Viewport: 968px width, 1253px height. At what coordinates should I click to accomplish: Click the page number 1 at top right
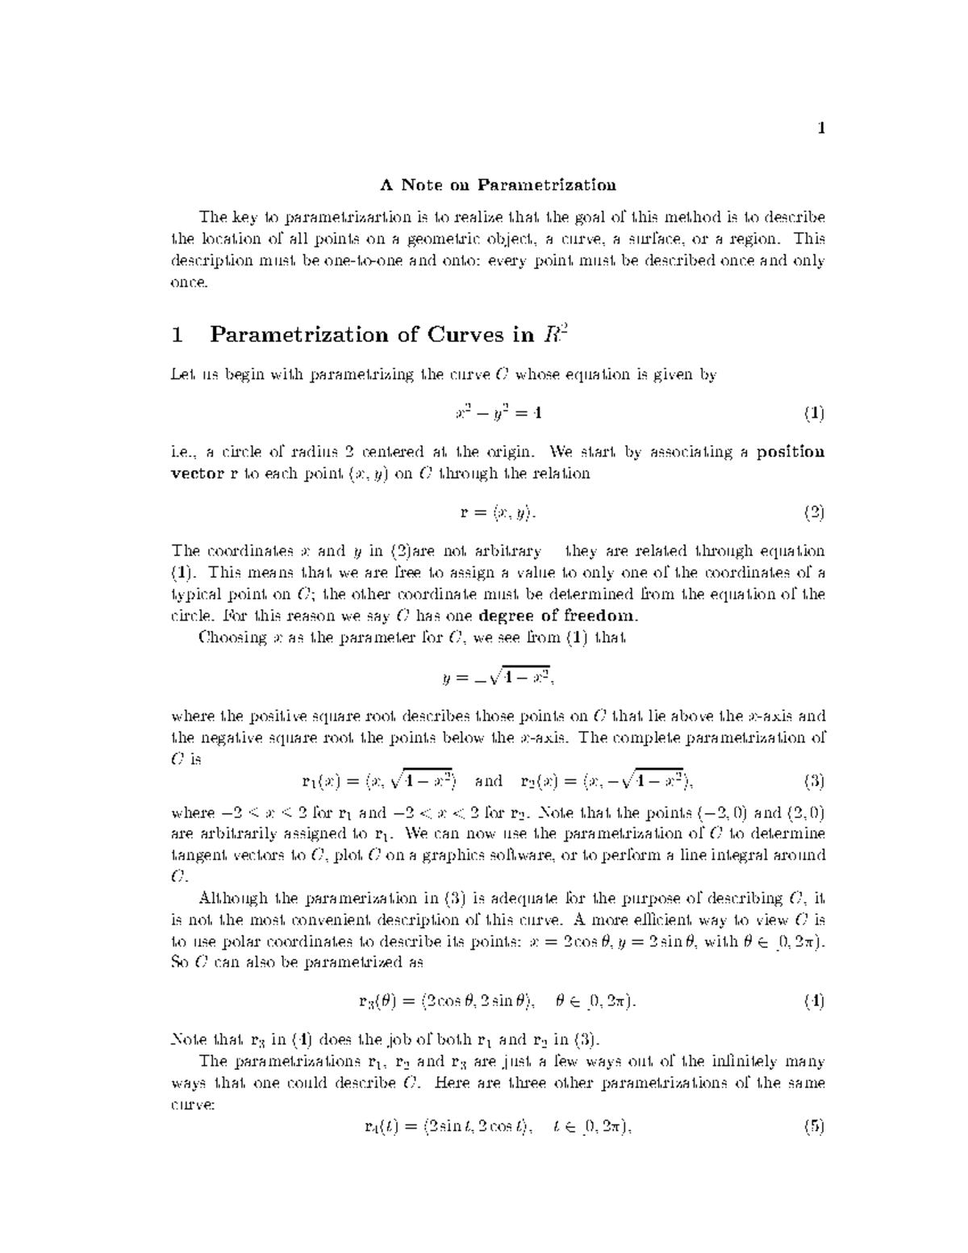(820, 127)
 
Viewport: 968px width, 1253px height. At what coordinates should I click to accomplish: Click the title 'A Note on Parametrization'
(498, 185)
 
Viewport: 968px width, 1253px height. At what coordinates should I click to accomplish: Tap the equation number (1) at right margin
(813, 414)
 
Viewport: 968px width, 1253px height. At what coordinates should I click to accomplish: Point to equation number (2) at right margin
(813, 512)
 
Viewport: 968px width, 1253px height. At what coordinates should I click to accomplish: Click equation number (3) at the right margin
(813, 781)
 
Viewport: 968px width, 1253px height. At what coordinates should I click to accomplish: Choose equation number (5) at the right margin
(813, 1128)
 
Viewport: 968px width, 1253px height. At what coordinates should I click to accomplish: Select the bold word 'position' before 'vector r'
(791, 452)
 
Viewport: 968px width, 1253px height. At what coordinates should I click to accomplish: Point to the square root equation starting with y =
(497, 678)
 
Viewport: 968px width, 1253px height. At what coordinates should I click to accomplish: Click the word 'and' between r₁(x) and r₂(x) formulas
(489, 781)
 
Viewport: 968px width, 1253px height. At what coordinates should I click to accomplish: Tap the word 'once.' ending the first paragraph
(190, 282)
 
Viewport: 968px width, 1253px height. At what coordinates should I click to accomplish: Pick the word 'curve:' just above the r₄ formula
(193, 1105)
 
